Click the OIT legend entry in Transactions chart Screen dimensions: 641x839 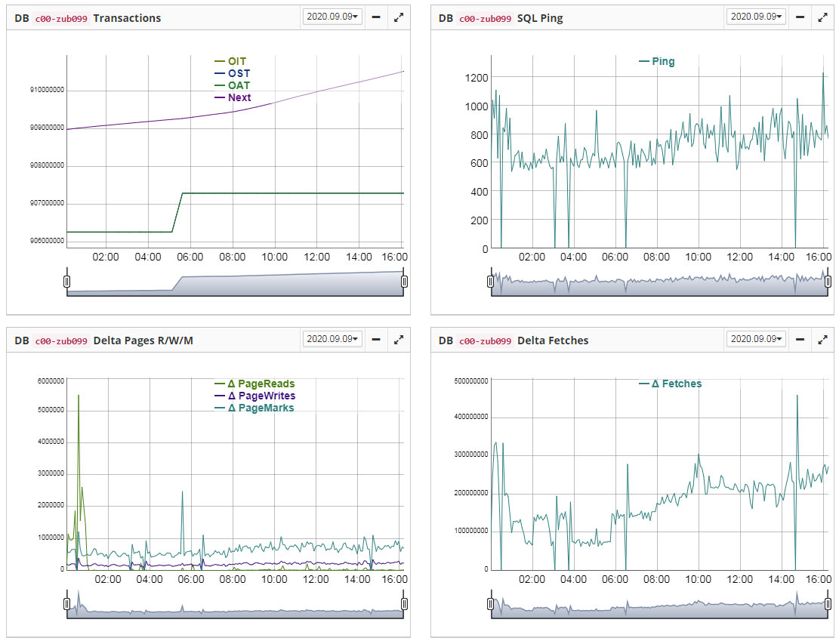(x=236, y=61)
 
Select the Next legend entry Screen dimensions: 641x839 (x=239, y=97)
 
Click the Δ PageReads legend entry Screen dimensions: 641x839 (x=261, y=384)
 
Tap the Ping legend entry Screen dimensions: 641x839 (x=662, y=61)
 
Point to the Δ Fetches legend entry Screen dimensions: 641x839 (x=676, y=384)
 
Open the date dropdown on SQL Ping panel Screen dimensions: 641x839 (x=756, y=17)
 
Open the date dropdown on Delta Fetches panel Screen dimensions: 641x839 (x=756, y=339)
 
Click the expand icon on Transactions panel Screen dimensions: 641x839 (x=399, y=17)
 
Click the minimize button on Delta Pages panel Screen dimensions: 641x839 (x=376, y=340)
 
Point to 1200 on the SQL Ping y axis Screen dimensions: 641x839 (x=477, y=77)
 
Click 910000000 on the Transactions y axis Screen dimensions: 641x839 (x=47, y=91)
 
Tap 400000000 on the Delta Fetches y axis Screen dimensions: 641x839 (x=471, y=417)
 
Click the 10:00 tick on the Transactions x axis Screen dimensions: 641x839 (x=274, y=257)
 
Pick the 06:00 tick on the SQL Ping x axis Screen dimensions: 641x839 (x=615, y=257)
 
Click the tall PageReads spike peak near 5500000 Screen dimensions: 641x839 (x=79, y=396)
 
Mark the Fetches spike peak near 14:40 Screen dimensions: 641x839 (x=797, y=396)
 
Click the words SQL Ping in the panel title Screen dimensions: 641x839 (x=540, y=17)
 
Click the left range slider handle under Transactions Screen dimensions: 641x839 (x=66, y=282)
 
